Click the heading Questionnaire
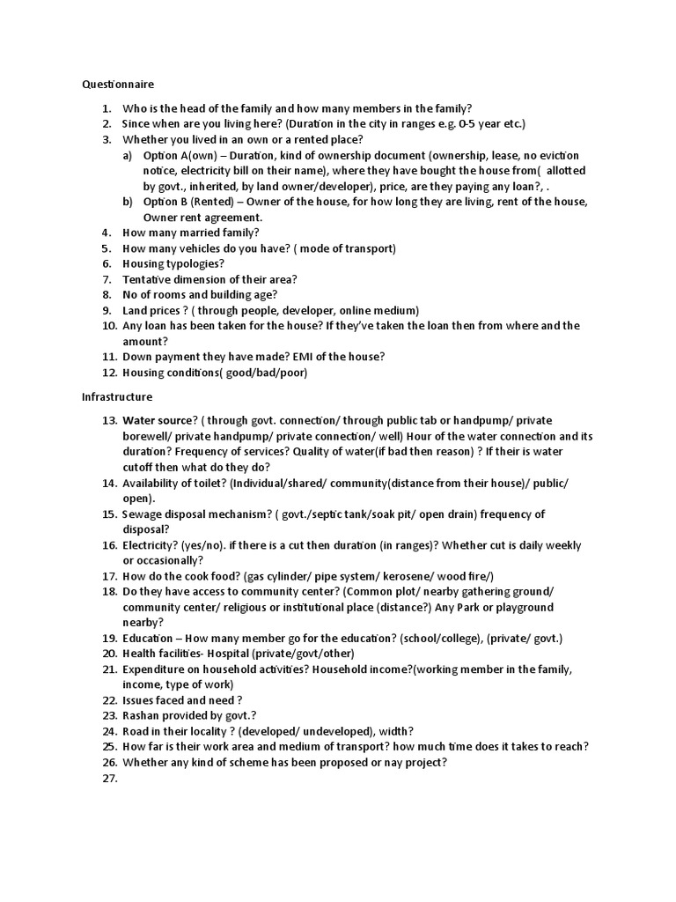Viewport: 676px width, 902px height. [118, 85]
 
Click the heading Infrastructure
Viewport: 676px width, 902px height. [118, 397]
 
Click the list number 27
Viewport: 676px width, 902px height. [109, 779]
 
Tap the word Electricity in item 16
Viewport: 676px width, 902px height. [150, 545]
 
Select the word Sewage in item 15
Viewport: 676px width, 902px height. [143, 514]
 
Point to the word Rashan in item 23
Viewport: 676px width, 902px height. [143, 715]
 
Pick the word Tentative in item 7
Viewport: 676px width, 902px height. [147, 279]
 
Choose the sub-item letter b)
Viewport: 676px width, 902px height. [129, 202]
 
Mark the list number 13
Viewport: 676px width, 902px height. [109, 420]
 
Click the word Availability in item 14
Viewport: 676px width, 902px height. [152, 483]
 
